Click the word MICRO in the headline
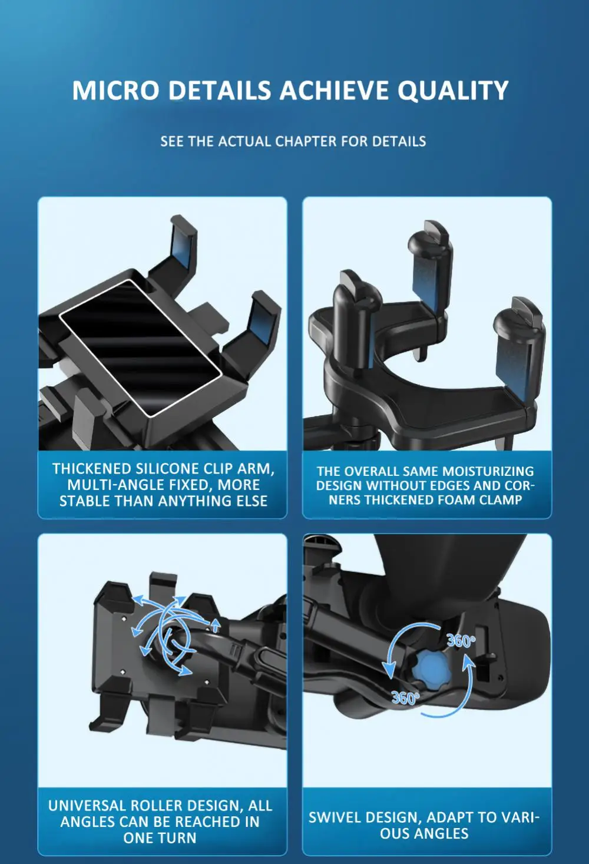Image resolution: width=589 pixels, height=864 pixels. pos(115,91)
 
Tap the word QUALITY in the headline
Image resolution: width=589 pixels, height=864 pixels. pos(453,91)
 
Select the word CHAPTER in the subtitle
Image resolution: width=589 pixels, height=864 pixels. pos(306,141)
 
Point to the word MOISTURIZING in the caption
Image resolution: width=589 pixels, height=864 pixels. pos(488,471)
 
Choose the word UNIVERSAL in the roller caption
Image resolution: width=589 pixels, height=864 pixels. pos(88,805)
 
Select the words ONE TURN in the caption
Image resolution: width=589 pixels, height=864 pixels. pos(160,837)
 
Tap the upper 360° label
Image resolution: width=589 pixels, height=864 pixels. pos(461,641)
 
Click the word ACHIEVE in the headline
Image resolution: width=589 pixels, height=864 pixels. pos(334,91)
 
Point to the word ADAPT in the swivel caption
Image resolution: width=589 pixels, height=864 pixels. pos(450,817)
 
